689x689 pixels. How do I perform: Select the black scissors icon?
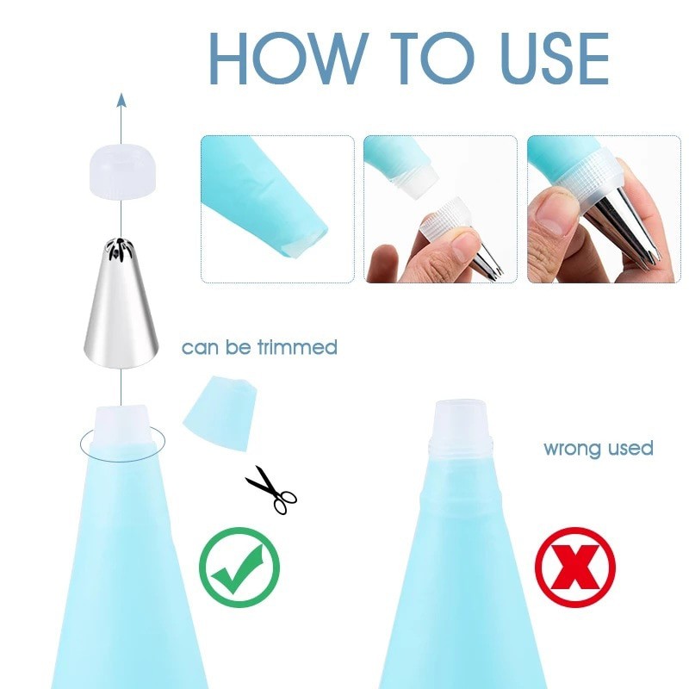pyautogui.click(x=270, y=488)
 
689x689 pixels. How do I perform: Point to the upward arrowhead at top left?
pyautogui.click(x=121, y=100)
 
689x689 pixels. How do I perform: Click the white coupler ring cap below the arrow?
pyautogui.click(x=121, y=171)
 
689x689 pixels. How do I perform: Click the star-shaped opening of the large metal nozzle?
pyautogui.click(x=121, y=251)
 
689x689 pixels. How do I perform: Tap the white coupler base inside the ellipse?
pyautogui.click(x=121, y=425)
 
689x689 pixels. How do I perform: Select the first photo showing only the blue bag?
pyautogui.click(x=277, y=208)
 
